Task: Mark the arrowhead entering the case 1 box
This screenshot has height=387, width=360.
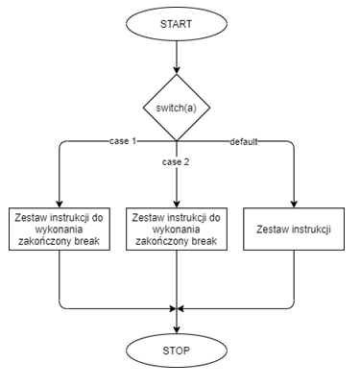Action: click(x=60, y=201)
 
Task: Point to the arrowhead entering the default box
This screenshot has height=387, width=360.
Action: click(x=293, y=201)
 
